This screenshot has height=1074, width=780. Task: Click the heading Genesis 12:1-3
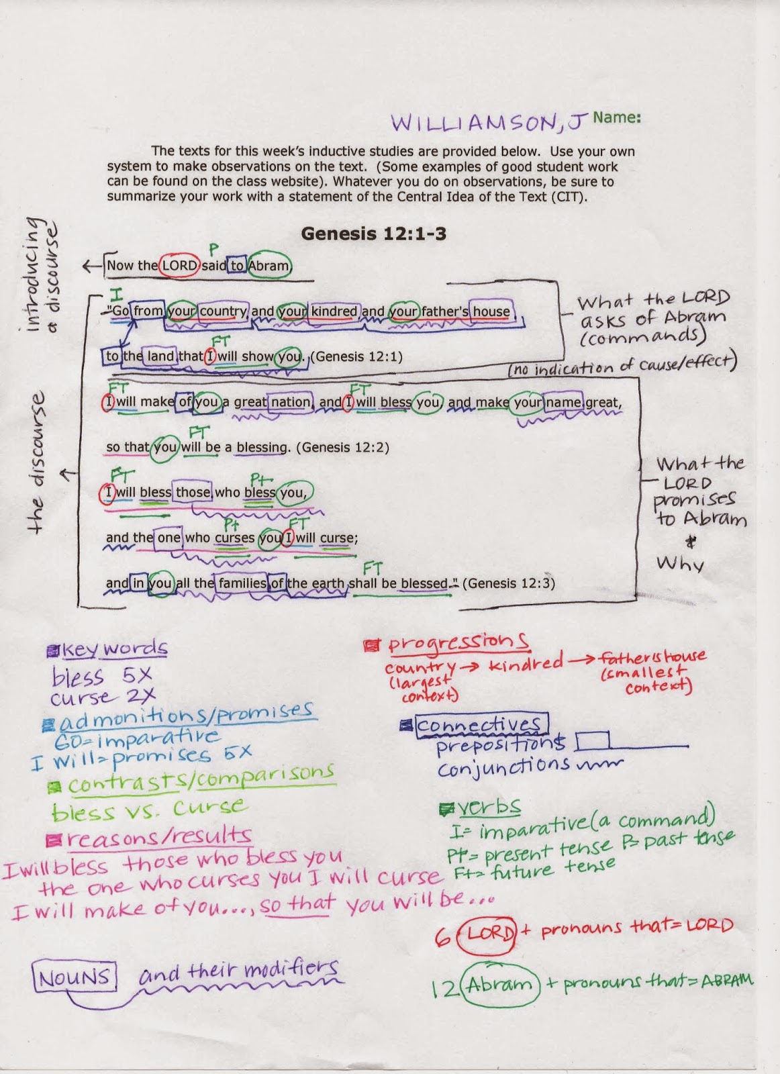click(373, 234)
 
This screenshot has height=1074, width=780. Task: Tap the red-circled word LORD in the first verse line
click(179, 265)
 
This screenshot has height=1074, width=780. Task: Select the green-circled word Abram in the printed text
click(269, 265)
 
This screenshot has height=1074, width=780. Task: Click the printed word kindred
click(334, 311)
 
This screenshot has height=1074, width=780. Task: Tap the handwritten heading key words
click(114, 648)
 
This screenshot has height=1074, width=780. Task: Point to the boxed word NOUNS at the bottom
click(74, 977)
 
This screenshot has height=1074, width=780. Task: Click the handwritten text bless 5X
click(101, 676)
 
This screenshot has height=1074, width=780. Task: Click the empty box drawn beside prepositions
click(592, 740)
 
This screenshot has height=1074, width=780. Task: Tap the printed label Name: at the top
click(616, 117)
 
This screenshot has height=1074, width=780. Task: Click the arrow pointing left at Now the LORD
click(92, 266)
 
